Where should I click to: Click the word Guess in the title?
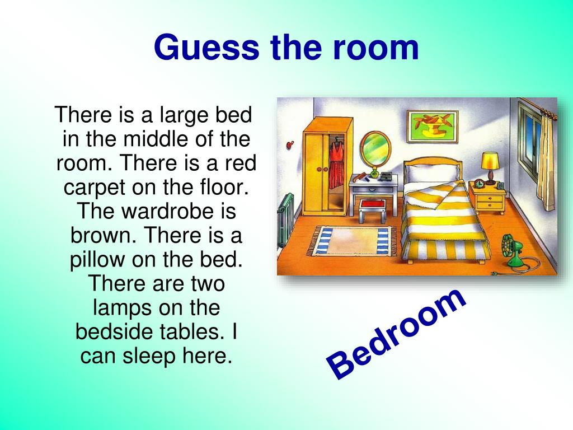[206, 48]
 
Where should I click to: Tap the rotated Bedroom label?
[396, 334]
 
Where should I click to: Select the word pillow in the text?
[97, 260]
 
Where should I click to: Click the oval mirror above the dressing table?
[375, 149]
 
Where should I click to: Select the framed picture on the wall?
[433, 126]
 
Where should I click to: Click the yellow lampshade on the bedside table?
[490, 161]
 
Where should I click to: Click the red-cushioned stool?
[372, 211]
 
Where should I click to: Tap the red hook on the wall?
[290, 145]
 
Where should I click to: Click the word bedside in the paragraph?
[112, 331]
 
